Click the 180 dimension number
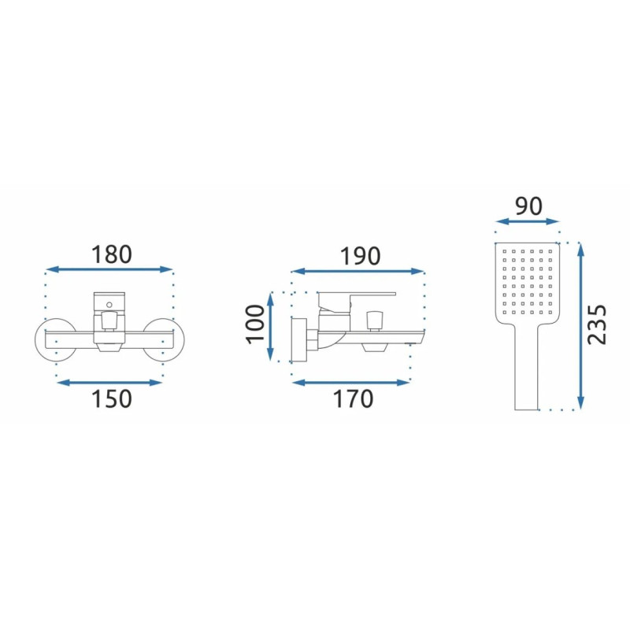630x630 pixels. [x=111, y=254]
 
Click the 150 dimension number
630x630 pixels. [x=112, y=398]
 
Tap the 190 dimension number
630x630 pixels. [x=360, y=256]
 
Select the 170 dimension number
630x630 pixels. [x=353, y=398]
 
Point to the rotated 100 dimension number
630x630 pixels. [x=255, y=324]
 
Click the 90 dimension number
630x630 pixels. [x=528, y=206]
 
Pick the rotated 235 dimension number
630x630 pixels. [x=596, y=324]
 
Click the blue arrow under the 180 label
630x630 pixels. [x=109, y=269]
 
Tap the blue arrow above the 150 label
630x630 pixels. [x=109, y=383]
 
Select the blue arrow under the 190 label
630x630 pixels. [x=358, y=272]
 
